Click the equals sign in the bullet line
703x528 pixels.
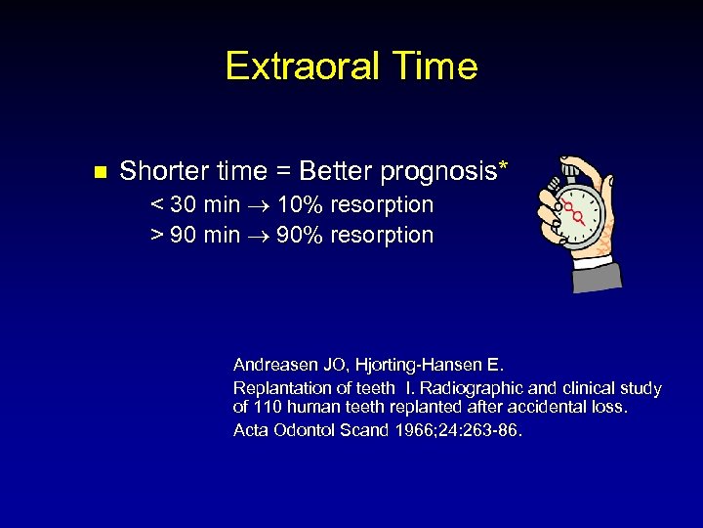[x=283, y=173]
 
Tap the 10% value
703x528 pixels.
[x=301, y=205]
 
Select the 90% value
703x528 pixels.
[x=301, y=236]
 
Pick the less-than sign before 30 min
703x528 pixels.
[x=157, y=206]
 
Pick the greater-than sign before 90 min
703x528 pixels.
[x=157, y=237]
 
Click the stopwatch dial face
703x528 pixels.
[x=582, y=213]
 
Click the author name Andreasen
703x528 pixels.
[x=276, y=365]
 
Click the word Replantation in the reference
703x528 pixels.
[x=280, y=388]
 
